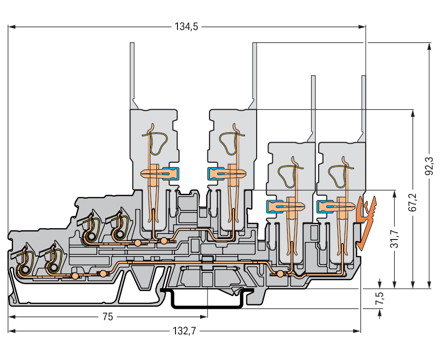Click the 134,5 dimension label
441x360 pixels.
coord(186,27)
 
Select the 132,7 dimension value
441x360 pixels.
coord(186,331)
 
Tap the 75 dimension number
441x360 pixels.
coord(108,317)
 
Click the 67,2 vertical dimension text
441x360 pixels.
coord(412,202)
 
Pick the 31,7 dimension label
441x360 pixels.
coord(395,240)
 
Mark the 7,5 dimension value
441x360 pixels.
coord(380,299)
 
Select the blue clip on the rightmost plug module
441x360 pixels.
coord(323,206)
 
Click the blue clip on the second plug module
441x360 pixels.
coord(215,173)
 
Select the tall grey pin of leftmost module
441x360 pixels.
coord(132,74)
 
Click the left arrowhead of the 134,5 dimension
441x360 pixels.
coord(11,27)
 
